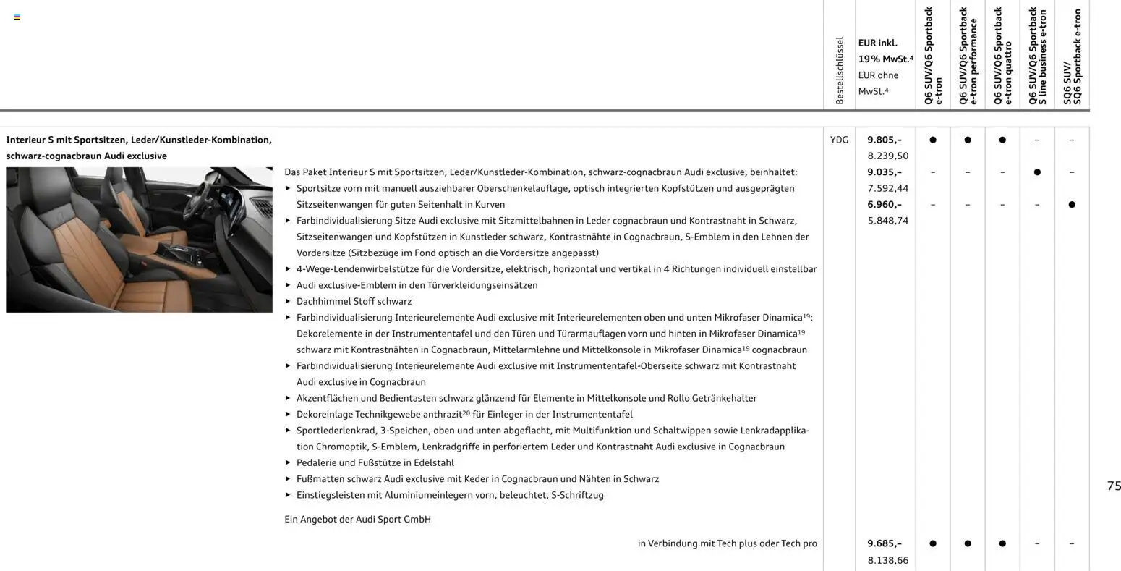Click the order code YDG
pos(839,140)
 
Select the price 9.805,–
pos(884,140)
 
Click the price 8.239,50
pos(887,156)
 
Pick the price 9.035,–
pos(884,172)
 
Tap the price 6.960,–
pos(884,204)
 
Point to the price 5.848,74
pos(887,221)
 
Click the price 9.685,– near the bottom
pos(884,543)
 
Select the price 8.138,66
pos(887,559)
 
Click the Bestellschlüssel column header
pos(840,71)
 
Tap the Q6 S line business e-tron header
pos(1037,56)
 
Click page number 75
pos(1113,486)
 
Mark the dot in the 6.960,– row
pos(1072,205)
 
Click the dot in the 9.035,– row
pos(1037,172)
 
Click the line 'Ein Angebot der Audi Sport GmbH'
pos(357,519)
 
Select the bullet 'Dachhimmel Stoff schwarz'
pos(354,301)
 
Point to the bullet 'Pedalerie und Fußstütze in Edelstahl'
pos(375,462)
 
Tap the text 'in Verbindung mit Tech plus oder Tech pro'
pos(727,543)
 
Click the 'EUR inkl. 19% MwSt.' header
pos(885,51)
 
